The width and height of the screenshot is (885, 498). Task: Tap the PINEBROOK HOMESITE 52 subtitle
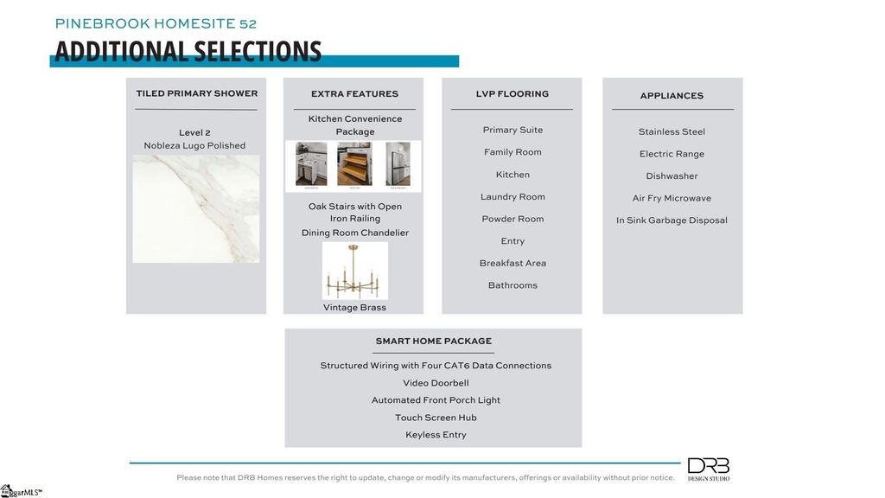click(x=156, y=23)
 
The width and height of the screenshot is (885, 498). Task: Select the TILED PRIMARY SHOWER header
click(x=196, y=93)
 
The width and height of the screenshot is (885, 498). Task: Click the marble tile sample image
click(x=196, y=208)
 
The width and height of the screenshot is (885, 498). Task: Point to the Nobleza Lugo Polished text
click(x=194, y=145)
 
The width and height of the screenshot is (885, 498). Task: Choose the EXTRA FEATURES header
click(x=354, y=93)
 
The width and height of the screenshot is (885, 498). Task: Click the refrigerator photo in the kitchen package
click(x=398, y=164)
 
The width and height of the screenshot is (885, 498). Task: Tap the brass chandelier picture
click(x=354, y=271)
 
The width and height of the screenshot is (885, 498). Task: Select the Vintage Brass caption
click(x=354, y=308)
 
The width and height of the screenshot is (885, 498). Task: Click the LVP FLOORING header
click(x=512, y=93)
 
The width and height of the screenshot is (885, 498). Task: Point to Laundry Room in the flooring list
click(x=513, y=197)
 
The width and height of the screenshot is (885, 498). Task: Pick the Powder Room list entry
click(x=513, y=219)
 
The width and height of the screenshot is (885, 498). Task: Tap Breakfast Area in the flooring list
click(x=513, y=263)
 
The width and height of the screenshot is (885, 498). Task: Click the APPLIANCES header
click(x=672, y=96)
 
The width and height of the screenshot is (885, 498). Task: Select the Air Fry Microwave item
click(x=672, y=198)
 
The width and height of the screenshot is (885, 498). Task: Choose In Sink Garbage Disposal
click(x=672, y=220)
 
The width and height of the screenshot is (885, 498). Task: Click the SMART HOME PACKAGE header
click(x=433, y=342)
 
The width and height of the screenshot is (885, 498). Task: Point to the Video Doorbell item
click(x=436, y=383)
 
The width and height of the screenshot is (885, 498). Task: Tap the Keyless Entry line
click(x=436, y=435)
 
